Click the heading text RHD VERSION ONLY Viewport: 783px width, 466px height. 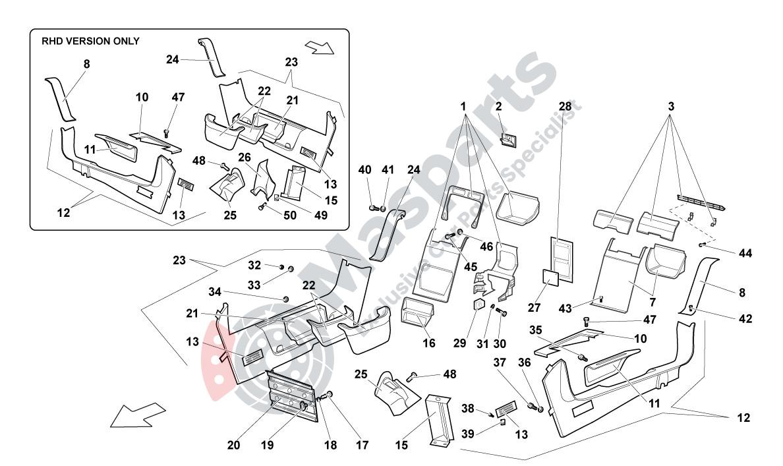click(x=90, y=41)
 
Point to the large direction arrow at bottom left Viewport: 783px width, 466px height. click(x=136, y=415)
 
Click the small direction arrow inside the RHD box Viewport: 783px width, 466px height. click(x=320, y=47)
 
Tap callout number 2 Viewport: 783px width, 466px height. click(x=499, y=106)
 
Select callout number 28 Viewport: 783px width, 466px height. click(x=565, y=106)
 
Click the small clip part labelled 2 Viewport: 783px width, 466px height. click(x=507, y=139)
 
